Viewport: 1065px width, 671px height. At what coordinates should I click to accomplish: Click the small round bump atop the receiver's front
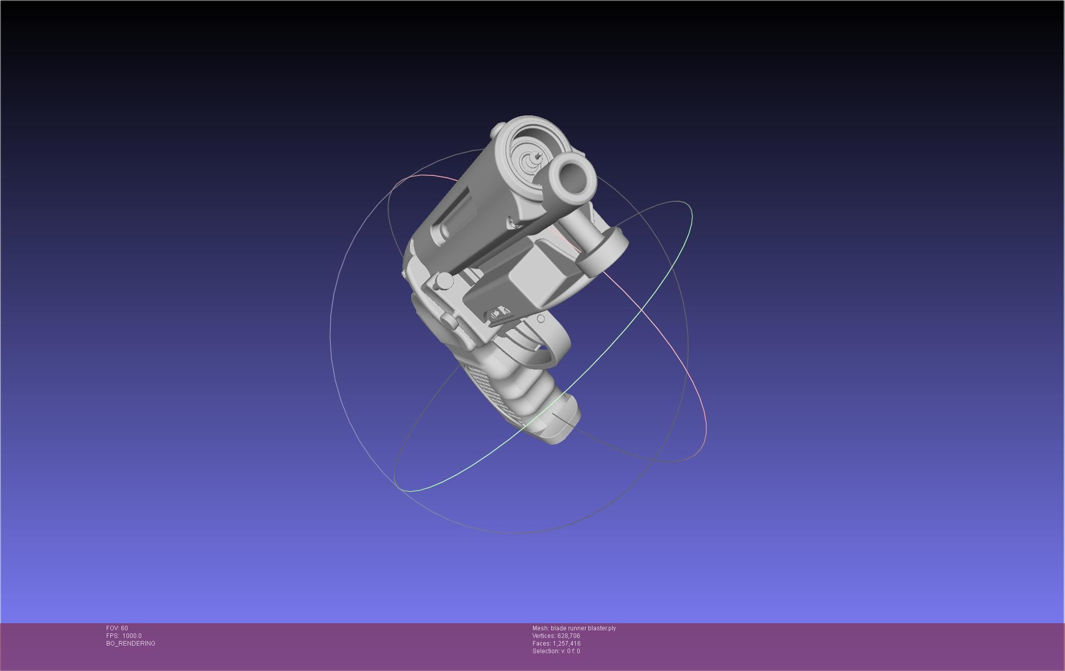click(497, 131)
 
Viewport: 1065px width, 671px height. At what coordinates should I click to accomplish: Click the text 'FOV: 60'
click(117, 628)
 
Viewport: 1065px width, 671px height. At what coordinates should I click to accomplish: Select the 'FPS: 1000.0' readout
click(124, 636)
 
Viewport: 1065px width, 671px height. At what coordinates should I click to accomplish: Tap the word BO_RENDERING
click(131, 644)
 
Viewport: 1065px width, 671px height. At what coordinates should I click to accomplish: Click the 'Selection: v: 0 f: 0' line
click(556, 651)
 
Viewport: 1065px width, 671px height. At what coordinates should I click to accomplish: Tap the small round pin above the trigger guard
click(541, 319)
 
